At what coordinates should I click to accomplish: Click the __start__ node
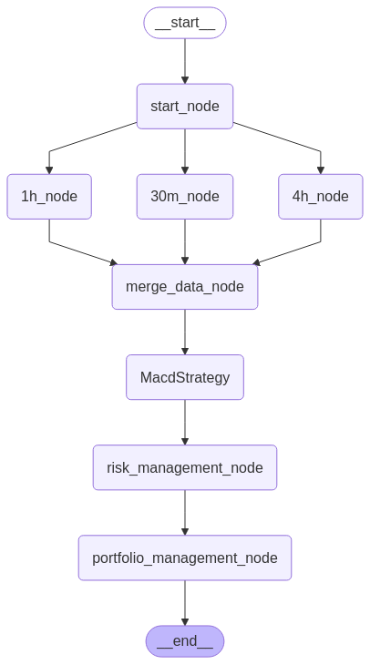click(185, 23)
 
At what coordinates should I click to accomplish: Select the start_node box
click(185, 107)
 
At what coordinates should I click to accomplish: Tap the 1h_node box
click(49, 197)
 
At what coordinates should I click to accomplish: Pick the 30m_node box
click(185, 197)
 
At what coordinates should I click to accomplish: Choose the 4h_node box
click(321, 197)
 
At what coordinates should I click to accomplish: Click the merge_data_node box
click(185, 287)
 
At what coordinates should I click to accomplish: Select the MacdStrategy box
click(185, 377)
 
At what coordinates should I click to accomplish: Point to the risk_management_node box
click(185, 467)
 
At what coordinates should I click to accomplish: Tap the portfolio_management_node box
click(185, 558)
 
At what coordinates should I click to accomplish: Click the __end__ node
click(185, 641)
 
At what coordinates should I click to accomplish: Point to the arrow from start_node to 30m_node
click(185, 151)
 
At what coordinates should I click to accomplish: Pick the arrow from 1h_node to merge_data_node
click(82, 253)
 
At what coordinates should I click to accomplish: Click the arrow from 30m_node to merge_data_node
click(185, 241)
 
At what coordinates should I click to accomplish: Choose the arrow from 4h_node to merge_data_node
click(288, 253)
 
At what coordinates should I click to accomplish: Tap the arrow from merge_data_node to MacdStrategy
click(185, 332)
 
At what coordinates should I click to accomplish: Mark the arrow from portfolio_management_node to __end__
click(185, 602)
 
